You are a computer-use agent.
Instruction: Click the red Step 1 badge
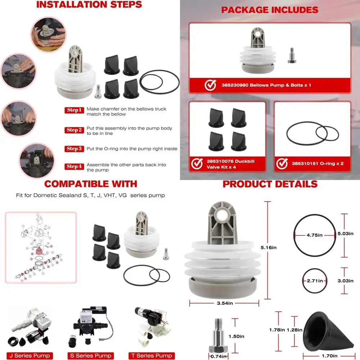74,110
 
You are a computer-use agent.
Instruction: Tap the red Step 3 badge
75,149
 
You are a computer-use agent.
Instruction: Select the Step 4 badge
75,166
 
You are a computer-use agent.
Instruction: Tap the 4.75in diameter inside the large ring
314,235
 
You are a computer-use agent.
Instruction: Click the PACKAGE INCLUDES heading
270,10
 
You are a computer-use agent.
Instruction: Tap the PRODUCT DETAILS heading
270,184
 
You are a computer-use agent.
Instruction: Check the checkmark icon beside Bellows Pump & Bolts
210,86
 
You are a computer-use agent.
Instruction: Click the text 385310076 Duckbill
230,161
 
